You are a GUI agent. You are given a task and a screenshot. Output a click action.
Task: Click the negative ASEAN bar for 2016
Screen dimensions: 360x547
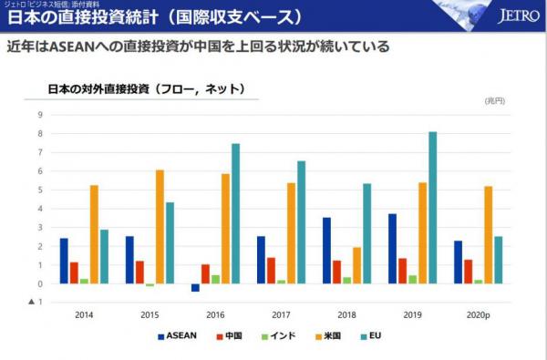pos(195,287)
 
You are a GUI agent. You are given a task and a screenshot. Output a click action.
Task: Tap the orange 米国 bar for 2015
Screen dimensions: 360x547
pos(160,227)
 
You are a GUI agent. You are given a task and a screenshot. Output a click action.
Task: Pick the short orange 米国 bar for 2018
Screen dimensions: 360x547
pos(356,265)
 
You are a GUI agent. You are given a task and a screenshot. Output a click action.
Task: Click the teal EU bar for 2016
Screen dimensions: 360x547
pos(235,213)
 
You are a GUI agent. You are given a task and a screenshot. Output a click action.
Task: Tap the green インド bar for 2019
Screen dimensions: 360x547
pos(413,279)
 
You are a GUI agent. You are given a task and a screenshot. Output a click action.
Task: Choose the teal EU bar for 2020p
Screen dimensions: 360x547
pos(498,260)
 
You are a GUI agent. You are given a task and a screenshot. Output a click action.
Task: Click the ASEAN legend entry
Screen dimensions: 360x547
pos(177,335)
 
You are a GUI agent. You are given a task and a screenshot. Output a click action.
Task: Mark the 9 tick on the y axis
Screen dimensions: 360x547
pos(40,115)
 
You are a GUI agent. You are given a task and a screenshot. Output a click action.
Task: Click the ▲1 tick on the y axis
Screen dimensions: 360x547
pos(37,303)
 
